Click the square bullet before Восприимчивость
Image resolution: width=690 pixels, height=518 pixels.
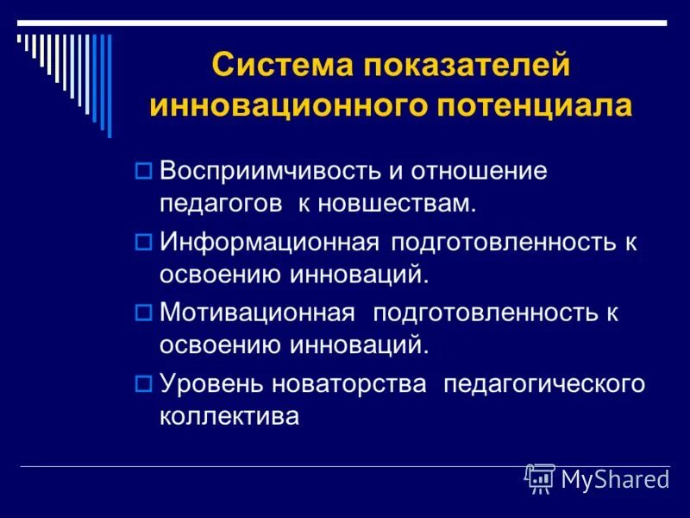pyautogui.click(x=144, y=171)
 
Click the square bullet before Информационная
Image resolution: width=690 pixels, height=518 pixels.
pyautogui.click(x=144, y=243)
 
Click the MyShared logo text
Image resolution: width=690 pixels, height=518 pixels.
pyautogui.click(x=615, y=480)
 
